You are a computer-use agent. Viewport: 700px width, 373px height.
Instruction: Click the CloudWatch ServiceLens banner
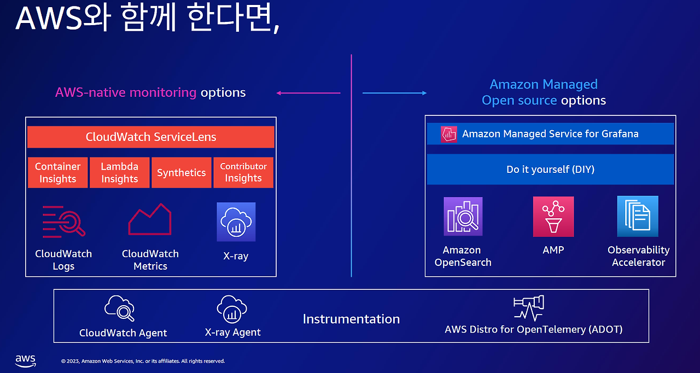(x=150, y=137)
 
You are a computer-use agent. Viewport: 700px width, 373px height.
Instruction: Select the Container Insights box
(x=58, y=172)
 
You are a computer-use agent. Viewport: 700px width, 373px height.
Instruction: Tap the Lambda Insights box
(x=120, y=172)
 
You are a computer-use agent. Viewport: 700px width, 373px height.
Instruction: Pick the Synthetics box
(x=182, y=172)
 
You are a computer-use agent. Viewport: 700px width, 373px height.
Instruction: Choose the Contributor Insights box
(x=243, y=172)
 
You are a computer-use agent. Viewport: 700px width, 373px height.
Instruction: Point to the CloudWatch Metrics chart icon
(x=150, y=219)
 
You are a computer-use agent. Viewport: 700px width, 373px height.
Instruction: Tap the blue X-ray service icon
(x=236, y=222)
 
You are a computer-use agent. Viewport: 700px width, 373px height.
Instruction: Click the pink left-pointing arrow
(x=308, y=93)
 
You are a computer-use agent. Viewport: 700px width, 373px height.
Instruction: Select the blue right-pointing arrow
(x=394, y=93)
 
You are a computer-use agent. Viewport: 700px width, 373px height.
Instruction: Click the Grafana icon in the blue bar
(x=449, y=135)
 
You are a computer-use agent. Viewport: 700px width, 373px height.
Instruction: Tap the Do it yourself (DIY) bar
(x=550, y=170)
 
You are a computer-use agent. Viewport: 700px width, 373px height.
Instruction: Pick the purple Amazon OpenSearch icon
(x=463, y=216)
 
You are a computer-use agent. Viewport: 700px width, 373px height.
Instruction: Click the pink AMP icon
(x=553, y=217)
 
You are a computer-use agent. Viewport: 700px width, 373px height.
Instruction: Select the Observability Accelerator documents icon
(x=638, y=216)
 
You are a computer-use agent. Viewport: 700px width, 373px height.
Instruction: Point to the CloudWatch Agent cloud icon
(x=120, y=308)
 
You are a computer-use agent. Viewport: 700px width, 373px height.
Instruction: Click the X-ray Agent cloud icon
(x=232, y=309)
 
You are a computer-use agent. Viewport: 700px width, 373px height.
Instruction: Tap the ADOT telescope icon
(x=529, y=308)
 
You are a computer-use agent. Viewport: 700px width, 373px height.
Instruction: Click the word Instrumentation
(x=351, y=319)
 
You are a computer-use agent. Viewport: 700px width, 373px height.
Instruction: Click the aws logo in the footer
(x=26, y=361)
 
